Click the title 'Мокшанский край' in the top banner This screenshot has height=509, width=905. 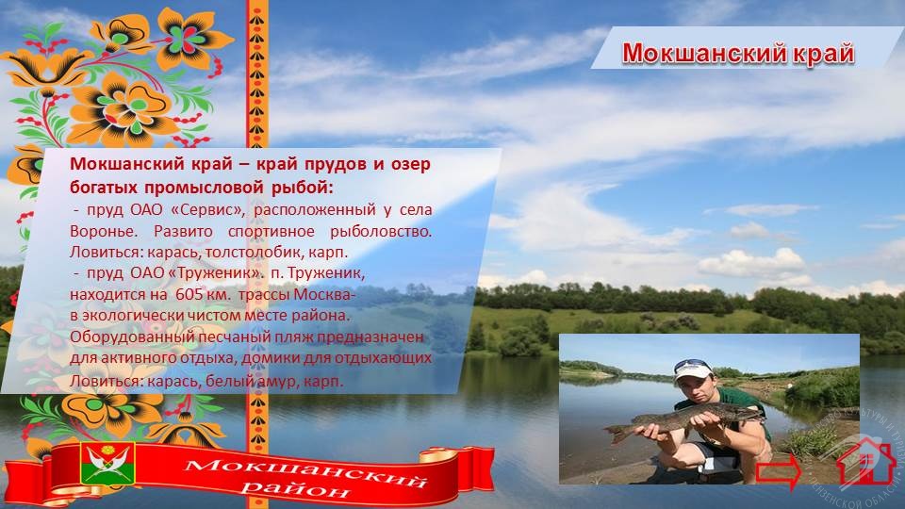pos(737,53)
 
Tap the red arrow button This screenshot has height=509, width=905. pos(779,471)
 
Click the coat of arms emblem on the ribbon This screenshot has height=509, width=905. pos(107,463)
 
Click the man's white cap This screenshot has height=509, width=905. pos(692,369)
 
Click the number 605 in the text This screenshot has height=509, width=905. pos(189,294)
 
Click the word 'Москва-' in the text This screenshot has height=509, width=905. pos(325,294)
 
